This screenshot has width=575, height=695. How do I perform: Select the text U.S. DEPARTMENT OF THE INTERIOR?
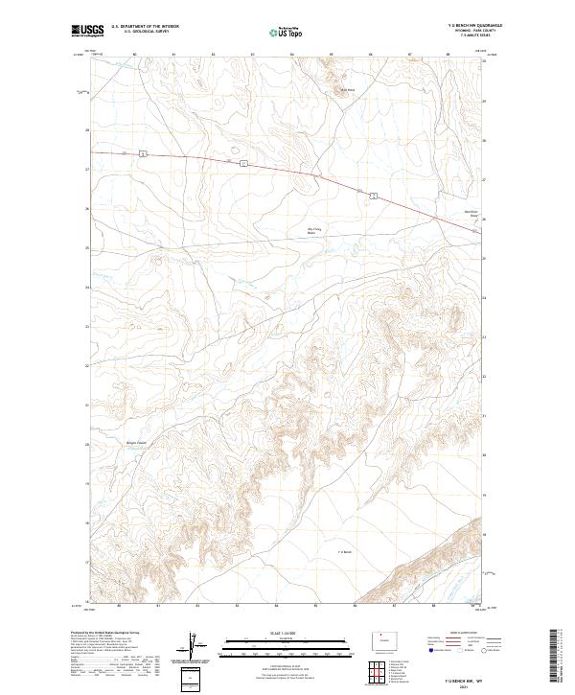(144, 27)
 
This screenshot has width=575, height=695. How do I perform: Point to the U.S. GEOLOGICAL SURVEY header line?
(144, 32)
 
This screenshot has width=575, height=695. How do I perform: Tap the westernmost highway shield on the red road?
(141, 153)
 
